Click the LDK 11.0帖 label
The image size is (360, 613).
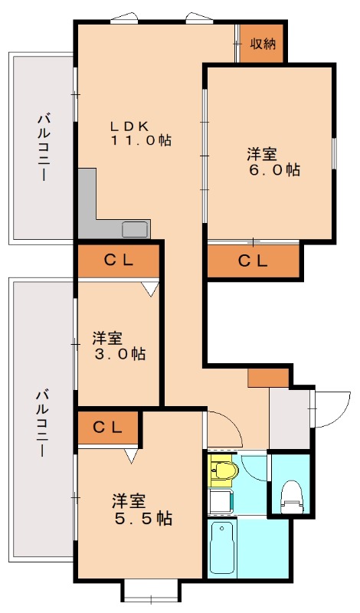click(141, 133)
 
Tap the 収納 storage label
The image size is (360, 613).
click(263, 44)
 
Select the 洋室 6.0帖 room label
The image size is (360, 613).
click(273, 162)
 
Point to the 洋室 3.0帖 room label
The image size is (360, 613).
click(119, 346)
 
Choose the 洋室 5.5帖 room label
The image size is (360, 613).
click(142, 509)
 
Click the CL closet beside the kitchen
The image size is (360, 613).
click(119, 261)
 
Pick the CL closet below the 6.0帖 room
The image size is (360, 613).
click(254, 261)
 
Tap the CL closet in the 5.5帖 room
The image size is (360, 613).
click(108, 428)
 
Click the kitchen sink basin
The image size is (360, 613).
click(136, 229)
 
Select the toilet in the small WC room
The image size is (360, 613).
click(290, 497)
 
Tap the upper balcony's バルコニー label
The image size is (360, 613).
click(44, 147)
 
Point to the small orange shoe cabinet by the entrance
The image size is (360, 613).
click(268, 378)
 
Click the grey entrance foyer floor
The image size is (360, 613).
click(290, 418)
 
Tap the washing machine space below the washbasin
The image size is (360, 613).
click(221, 501)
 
